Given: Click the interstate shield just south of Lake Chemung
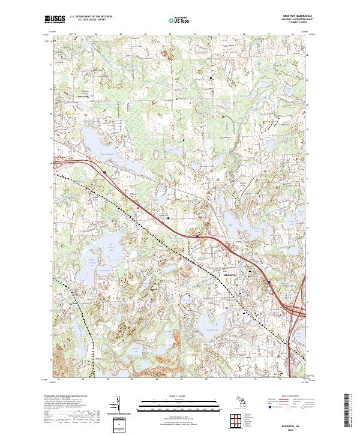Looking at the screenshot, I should [x=104, y=172].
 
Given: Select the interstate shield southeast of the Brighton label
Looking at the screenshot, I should [x=269, y=282].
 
